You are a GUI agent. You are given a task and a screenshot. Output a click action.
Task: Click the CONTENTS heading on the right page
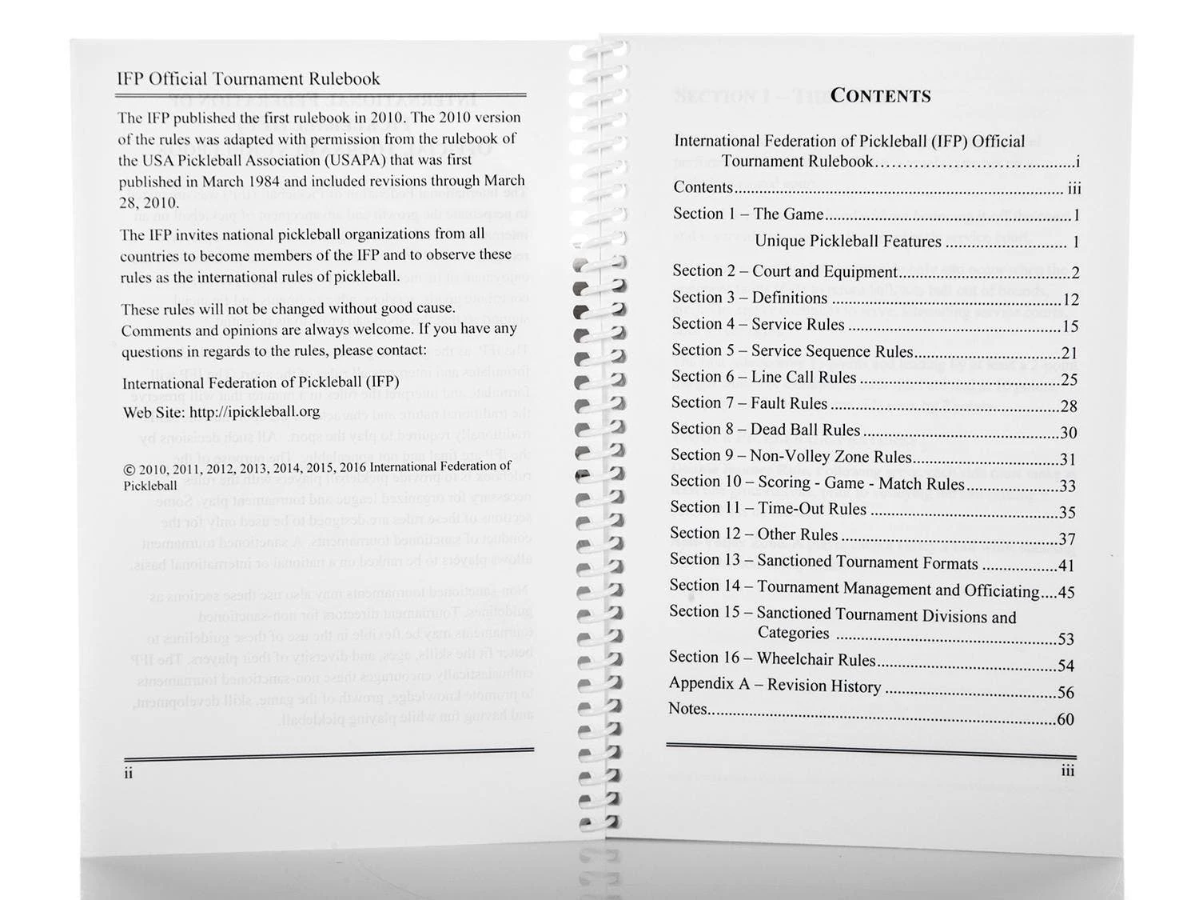[x=880, y=96]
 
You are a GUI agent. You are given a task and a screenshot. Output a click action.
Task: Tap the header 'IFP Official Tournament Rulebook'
[x=248, y=78]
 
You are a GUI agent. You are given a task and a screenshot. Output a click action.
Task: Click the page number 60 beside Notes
[x=1066, y=719]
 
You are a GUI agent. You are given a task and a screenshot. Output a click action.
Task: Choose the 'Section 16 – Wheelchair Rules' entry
[x=772, y=658]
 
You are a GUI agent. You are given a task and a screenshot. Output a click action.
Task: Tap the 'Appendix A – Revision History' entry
[x=775, y=685]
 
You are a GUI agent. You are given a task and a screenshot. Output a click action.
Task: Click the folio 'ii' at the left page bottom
[x=129, y=774]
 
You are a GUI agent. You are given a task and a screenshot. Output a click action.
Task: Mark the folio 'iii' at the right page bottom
[x=1067, y=770]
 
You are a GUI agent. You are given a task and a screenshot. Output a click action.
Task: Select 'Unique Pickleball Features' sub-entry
[x=847, y=241]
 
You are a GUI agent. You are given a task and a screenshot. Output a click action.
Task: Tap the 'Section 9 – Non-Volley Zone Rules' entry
[x=791, y=456]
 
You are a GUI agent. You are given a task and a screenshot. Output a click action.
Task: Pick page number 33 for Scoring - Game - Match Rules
[x=1066, y=486]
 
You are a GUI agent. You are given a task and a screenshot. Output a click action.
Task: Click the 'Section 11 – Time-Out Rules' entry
[x=767, y=508]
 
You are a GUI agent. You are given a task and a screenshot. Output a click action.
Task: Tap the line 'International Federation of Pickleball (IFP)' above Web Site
[x=261, y=382]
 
